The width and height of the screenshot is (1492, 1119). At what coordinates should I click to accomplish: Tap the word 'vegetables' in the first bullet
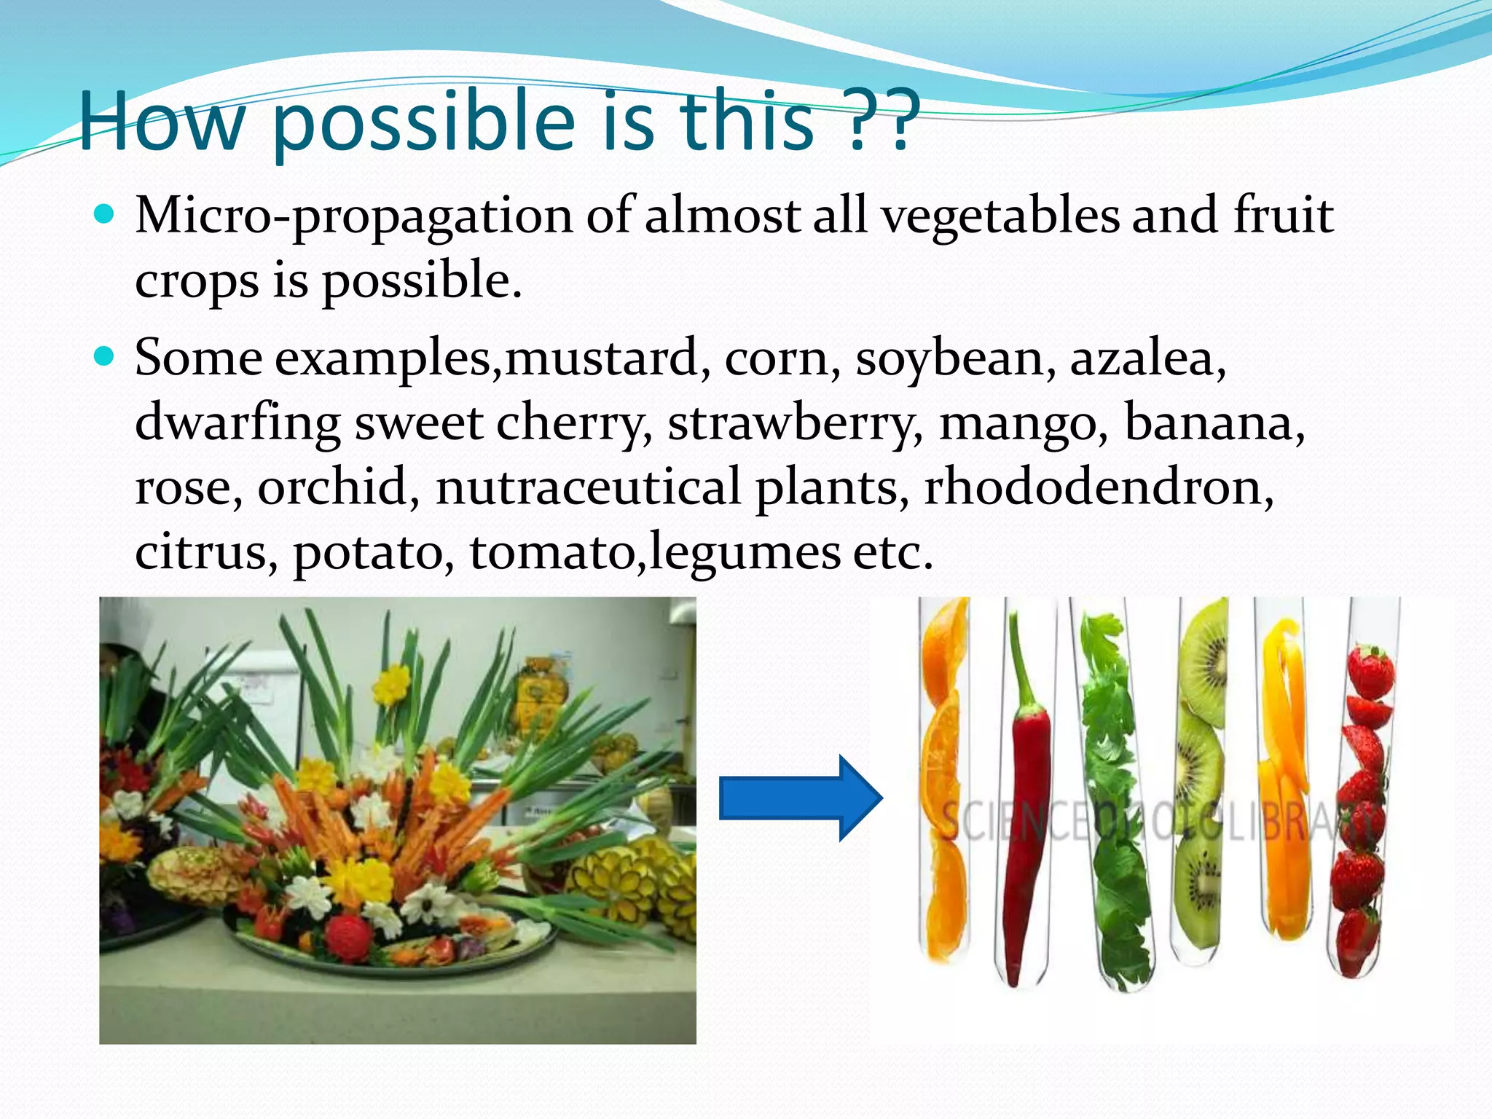1000,216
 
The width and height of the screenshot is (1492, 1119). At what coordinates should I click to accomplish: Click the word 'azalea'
1146,359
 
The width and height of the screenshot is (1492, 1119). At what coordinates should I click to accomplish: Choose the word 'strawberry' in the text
794,423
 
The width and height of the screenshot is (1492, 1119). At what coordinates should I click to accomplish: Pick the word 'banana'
1213,423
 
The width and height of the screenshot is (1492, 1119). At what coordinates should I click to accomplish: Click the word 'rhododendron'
1098,487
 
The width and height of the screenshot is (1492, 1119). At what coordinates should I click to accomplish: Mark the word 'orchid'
337,487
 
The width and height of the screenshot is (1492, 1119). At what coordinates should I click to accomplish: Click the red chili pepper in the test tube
1028,801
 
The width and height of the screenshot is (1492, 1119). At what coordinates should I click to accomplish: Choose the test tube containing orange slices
945,780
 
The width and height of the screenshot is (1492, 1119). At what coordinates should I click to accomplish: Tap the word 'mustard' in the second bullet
602,359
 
